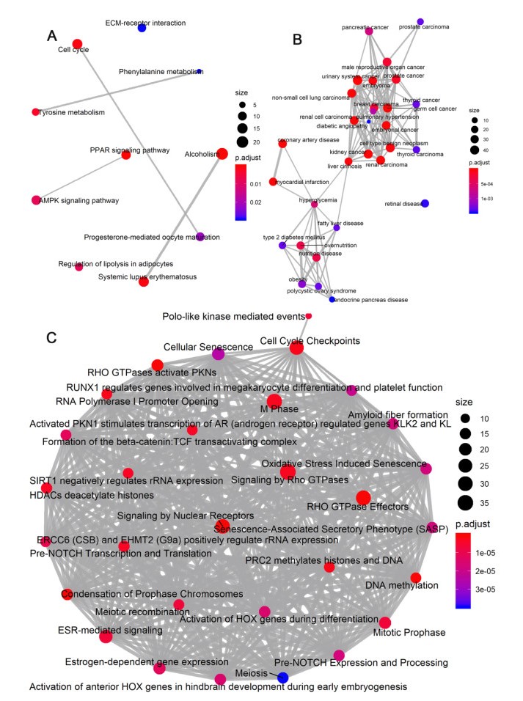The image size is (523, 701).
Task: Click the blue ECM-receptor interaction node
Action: click(142, 28)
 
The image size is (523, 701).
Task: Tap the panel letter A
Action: click(51, 35)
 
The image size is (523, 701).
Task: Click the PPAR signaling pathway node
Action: click(125, 155)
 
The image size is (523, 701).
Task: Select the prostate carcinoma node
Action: click(420, 22)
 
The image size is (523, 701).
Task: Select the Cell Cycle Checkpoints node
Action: click(296, 348)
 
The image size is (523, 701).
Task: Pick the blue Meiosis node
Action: click(282, 678)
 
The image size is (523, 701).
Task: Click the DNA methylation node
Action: click(417, 578)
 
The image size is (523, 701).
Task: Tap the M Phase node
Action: click(274, 401)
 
